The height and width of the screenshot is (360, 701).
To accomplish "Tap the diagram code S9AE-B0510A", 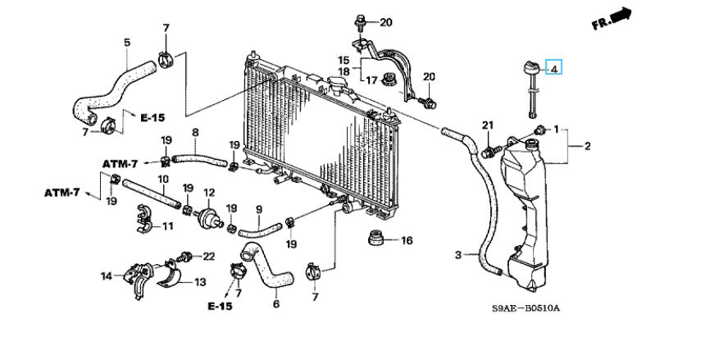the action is tap(526, 308).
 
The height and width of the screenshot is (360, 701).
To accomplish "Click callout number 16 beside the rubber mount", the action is tap(407, 240).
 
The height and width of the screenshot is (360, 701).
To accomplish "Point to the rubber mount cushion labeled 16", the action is tap(376, 238).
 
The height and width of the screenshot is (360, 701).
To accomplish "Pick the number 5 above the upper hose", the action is tap(127, 43).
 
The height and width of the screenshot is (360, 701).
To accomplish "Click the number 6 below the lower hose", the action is tap(275, 303).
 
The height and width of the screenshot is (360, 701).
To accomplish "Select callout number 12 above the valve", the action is tap(209, 194).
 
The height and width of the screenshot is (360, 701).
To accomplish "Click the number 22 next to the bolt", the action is tap(209, 256).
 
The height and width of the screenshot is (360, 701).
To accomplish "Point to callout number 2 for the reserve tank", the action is tap(587, 146).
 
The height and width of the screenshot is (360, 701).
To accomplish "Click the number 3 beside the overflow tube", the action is tap(457, 255).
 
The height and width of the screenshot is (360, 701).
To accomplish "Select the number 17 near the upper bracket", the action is tap(372, 80).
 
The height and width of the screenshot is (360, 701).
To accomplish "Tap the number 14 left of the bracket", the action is tap(107, 276).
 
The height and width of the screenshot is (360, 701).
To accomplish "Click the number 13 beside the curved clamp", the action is tap(200, 282).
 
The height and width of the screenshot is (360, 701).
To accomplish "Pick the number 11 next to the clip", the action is tap(167, 226).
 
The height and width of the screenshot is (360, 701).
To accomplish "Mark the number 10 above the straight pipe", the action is tap(162, 180).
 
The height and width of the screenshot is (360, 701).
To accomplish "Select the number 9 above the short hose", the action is tap(258, 208).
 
